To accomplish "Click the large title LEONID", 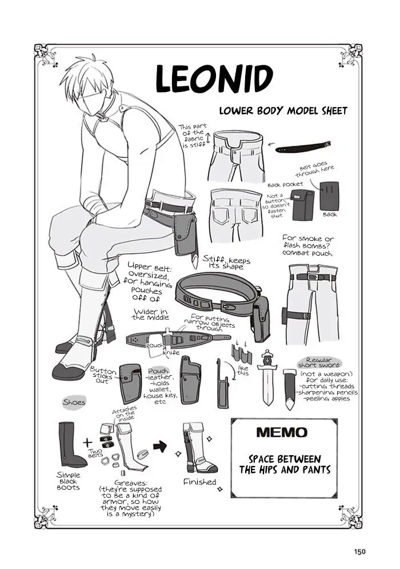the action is (214, 79).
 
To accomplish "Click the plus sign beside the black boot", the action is (87, 443).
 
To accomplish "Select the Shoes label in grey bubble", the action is (74, 402).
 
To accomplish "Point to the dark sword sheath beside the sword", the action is (290, 389).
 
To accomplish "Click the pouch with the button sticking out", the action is (130, 383).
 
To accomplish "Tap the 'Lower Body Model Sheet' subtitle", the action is (282, 110).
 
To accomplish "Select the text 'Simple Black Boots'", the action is (69, 481).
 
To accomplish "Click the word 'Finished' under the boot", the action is (199, 482).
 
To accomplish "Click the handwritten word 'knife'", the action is (171, 352).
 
